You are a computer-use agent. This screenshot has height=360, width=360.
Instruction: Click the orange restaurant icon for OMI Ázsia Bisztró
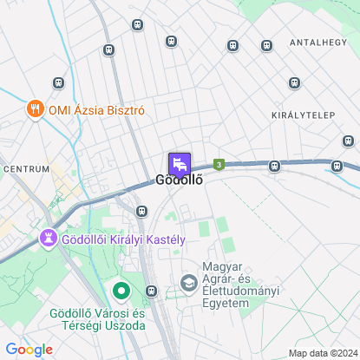tap(34, 110)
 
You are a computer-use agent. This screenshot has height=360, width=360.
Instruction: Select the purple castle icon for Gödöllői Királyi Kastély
tap(49, 237)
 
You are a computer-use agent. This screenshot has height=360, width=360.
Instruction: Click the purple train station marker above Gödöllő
tap(179, 162)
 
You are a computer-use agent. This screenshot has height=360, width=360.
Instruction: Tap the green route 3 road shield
tap(219, 163)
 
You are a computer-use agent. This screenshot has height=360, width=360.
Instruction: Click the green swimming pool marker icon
tap(121, 290)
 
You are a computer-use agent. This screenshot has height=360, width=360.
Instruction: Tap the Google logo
tap(29, 350)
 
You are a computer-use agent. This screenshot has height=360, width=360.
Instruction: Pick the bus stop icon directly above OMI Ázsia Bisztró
tap(58, 83)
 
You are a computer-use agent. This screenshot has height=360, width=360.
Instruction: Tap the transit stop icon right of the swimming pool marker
tap(153, 291)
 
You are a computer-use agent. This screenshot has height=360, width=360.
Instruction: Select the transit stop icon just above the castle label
tap(141, 210)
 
